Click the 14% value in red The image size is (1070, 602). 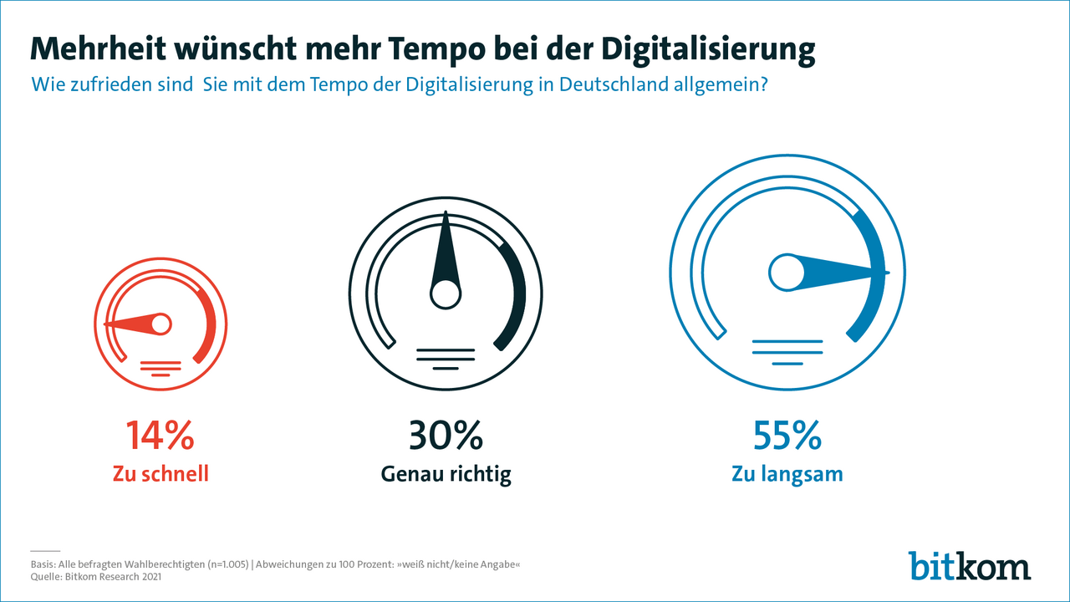[160, 436]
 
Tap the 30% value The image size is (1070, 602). [446, 436]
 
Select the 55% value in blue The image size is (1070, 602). [787, 436]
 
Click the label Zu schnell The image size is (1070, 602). [160, 474]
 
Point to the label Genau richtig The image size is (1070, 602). [446, 475]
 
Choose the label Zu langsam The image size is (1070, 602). [787, 474]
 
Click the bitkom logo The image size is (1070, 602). [970, 566]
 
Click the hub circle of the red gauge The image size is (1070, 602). [160, 323]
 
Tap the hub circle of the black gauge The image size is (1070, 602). [445, 293]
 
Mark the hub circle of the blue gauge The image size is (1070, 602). [786, 273]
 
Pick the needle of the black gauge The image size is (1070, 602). [445, 251]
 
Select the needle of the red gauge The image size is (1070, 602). [129, 324]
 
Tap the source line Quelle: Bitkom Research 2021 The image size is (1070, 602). [95, 576]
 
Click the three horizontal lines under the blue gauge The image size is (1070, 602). [787, 352]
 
